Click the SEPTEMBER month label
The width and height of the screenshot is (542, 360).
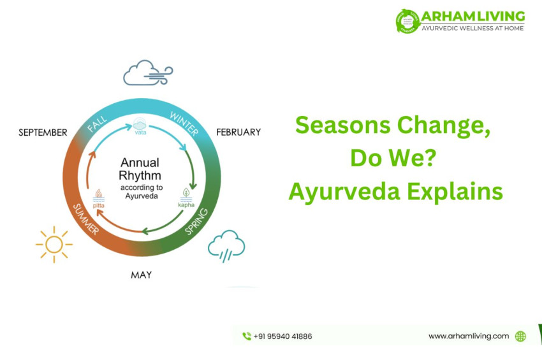coord(43,133)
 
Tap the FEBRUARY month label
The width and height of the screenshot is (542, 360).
coord(238,133)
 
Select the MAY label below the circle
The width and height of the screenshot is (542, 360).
coord(142,275)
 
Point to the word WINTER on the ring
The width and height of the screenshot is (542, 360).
coord(184,123)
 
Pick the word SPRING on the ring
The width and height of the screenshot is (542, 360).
coord(196,220)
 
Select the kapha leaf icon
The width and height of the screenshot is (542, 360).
coord(186,194)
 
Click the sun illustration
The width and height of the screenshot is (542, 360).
coord(54,243)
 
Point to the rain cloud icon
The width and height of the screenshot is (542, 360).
coord(226,245)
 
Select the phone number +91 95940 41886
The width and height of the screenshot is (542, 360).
coord(282,336)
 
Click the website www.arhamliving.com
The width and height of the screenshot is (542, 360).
coord(469,336)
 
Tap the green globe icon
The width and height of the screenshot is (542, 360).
coord(520,336)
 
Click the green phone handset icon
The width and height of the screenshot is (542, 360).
coord(247,336)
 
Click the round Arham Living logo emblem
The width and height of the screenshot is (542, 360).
coord(407,21)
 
